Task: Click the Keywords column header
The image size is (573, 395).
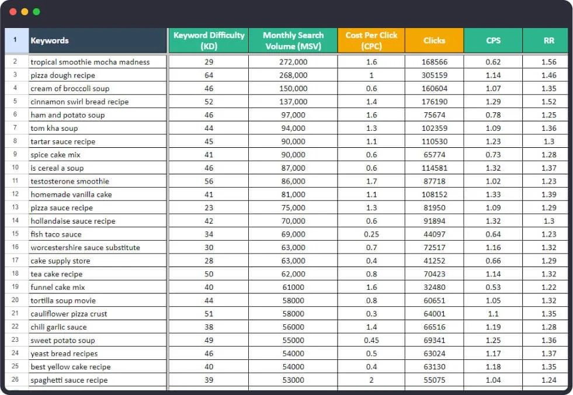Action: (50, 41)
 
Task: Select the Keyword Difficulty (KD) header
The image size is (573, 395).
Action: (209, 41)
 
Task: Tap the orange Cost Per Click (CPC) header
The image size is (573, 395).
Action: (371, 41)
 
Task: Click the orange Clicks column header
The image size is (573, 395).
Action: (434, 41)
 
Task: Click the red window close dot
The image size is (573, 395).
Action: (13, 12)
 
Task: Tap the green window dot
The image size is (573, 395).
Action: (37, 12)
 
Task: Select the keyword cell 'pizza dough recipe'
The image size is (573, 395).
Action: (62, 75)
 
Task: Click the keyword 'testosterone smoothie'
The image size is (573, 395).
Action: (70, 181)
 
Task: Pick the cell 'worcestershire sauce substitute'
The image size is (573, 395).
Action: (85, 248)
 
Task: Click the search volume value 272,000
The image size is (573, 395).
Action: (293, 62)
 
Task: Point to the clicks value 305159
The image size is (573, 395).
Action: (434, 75)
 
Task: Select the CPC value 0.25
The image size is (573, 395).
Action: (371, 234)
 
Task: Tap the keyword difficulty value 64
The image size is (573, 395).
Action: (209, 75)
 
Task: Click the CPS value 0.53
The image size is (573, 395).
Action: (493, 287)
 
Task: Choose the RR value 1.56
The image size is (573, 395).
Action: (548, 62)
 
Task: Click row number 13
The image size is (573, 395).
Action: (15, 207)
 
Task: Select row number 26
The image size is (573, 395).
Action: (15, 380)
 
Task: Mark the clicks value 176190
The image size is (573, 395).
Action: (434, 102)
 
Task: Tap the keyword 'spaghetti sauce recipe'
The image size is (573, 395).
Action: (69, 380)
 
